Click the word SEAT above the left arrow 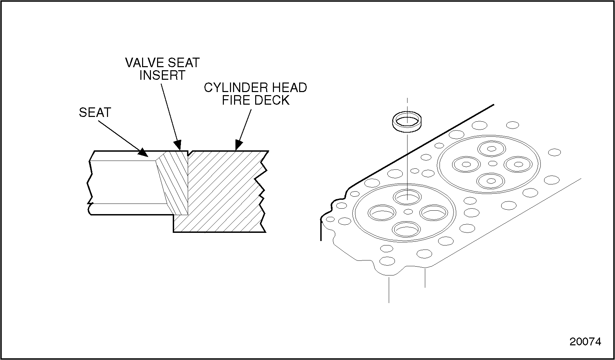[95, 112]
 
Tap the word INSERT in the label [162, 75]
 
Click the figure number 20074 [585, 342]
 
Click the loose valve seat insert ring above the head [407, 122]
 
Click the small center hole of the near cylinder [408, 212]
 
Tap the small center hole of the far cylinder [493, 163]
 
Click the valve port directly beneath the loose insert [408, 197]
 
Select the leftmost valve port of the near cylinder [382, 213]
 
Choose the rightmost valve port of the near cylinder [433, 213]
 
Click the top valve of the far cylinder [491, 149]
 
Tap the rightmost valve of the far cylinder [518, 164]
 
